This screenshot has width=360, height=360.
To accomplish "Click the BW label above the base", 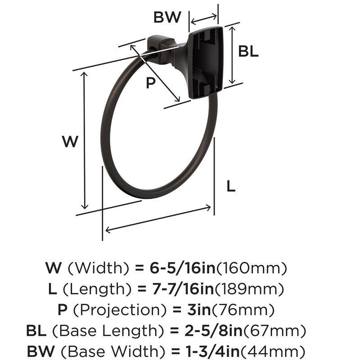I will pos(167,18).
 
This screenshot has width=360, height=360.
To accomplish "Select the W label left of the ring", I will pos(70,142).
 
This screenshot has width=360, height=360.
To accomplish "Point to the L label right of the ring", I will pos(230,186).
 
